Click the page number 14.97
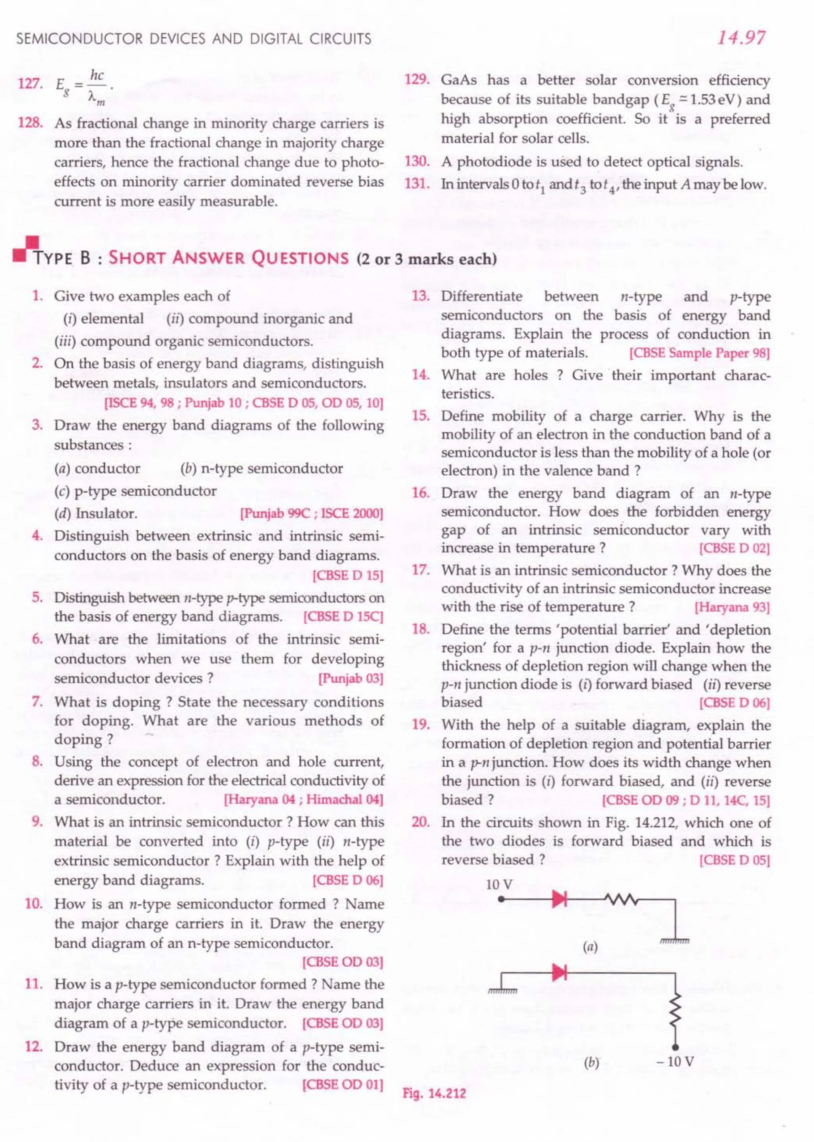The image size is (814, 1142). point(741,38)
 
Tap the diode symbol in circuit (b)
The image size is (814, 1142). point(559,973)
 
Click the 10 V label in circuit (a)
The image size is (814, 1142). point(499,884)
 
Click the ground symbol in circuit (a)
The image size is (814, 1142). point(674,941)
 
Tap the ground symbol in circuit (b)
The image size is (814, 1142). point(502,990)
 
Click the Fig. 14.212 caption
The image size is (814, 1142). point(434,1093)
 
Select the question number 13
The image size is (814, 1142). point(421,296)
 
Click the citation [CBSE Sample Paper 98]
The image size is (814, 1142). point(699,353)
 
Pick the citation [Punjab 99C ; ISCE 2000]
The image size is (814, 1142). point(311,514)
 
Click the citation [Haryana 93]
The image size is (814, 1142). point(732,607)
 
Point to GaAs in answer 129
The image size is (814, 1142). point(459,80)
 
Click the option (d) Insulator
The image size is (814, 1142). point(95,513)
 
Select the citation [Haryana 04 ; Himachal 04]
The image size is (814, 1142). point(303,799)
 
